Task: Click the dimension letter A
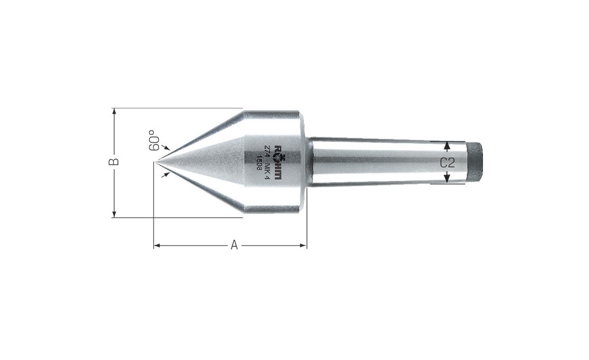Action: click(x=234, y=245)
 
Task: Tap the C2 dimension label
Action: click(x=448, y=163)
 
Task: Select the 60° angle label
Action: click(x=153, y=141)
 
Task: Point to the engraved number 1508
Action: click(x=259, y=162)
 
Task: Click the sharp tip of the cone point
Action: click(x=155, y=162)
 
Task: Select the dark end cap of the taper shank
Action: click(x=474, y=162)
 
